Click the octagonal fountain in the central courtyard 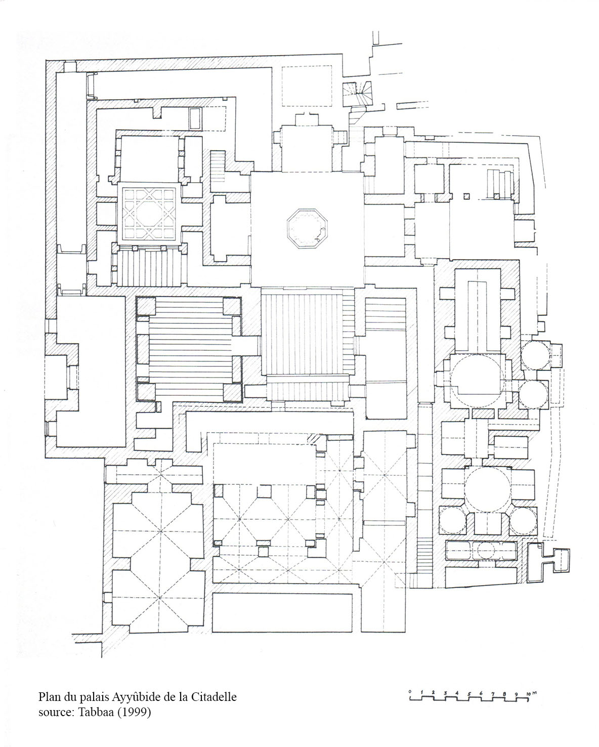point(307,228)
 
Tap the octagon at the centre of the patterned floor point(149,214)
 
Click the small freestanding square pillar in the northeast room point(466,196)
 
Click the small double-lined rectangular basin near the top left point(195,118)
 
